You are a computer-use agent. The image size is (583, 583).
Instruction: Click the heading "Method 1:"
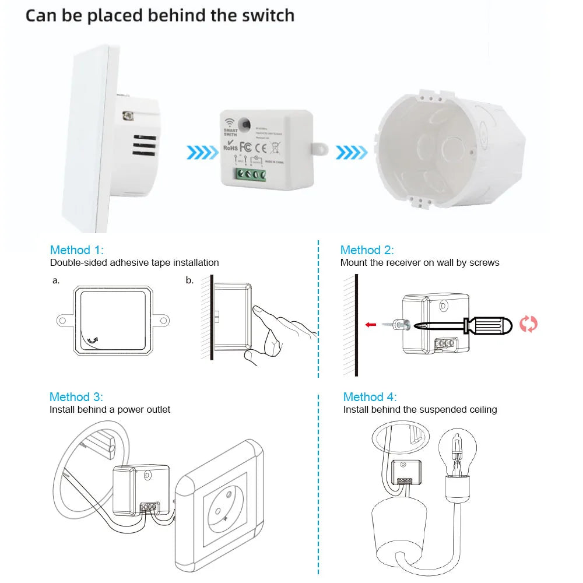[76, 250]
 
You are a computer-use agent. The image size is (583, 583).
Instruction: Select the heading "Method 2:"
[367, 250]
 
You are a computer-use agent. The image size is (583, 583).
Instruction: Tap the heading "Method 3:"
[76, 397]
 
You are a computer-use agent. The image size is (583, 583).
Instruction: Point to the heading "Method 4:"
[370, 397]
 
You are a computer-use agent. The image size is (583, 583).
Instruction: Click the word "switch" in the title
[266, 15]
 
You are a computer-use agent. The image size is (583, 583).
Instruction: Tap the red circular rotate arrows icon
[528, 324]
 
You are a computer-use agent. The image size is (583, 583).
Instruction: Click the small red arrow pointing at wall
[370, 325]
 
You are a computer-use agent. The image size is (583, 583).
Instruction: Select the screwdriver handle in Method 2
[489, 325]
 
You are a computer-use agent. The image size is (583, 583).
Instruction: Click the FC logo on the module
[245, 146]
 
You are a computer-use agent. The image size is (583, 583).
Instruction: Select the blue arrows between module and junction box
[352, 153]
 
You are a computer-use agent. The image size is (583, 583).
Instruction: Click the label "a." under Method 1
[56, 280]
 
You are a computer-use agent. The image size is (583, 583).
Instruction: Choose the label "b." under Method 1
[189, 280]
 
